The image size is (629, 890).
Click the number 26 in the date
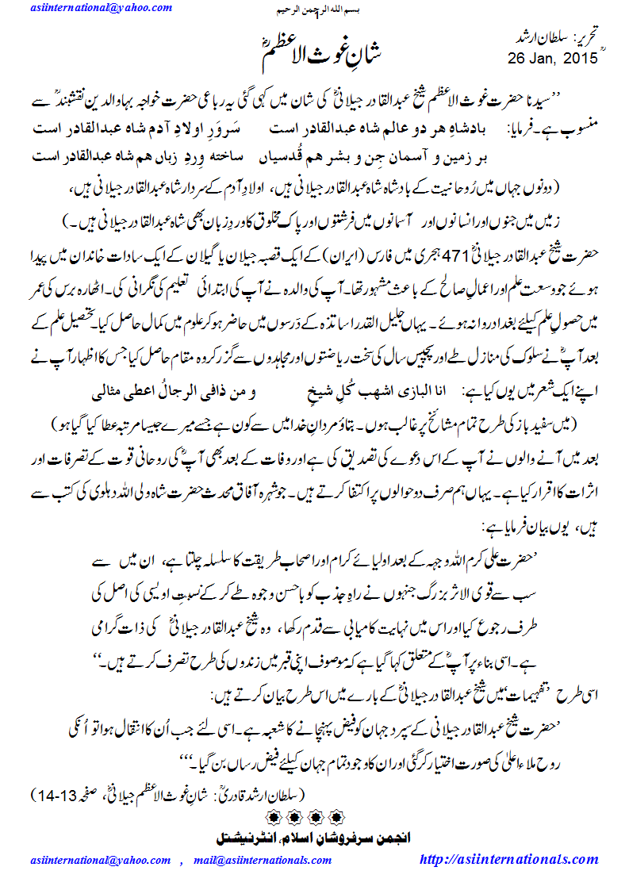pyautogui.click(x=516, y=57)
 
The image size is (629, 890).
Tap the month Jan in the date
pyautogui.click(x=543, y=57)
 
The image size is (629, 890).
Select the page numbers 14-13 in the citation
pyautogui.click(x=56, y=794)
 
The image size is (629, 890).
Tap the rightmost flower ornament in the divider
pyautogui.click(x=337, y=815)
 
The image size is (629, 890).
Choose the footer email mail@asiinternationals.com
pyautogui.click(x=256, y=860)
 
